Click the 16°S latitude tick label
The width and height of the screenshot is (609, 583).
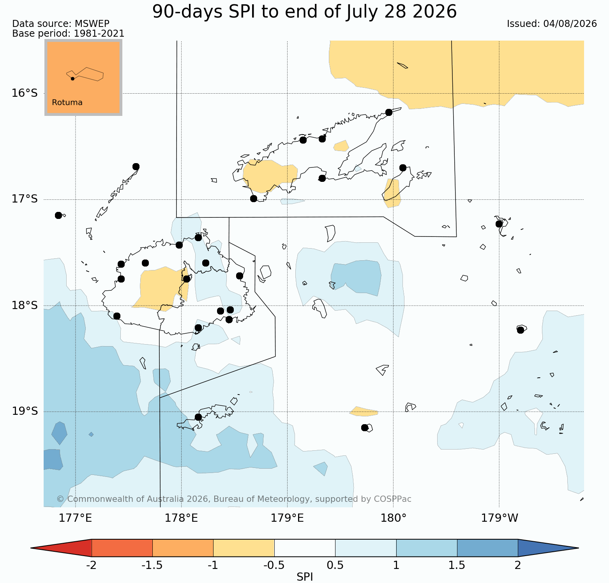25,93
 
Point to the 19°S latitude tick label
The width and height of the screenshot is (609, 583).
25,411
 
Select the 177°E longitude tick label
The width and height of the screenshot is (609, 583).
75,518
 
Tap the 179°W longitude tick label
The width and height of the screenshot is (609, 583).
500,518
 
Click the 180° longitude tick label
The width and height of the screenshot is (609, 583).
393,518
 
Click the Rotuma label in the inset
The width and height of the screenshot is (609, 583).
67,103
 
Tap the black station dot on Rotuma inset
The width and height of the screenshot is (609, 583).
72,78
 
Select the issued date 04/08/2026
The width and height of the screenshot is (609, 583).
570,24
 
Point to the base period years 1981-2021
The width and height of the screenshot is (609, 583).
99,34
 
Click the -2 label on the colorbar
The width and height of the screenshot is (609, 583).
91,565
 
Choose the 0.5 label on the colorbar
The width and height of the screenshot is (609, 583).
335,565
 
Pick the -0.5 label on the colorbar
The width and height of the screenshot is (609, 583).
274,565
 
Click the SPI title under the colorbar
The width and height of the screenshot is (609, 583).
305,577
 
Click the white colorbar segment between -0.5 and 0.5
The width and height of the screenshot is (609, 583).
305,548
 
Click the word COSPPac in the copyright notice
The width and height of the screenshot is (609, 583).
392,499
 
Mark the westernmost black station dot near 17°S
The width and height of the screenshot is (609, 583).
58,215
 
